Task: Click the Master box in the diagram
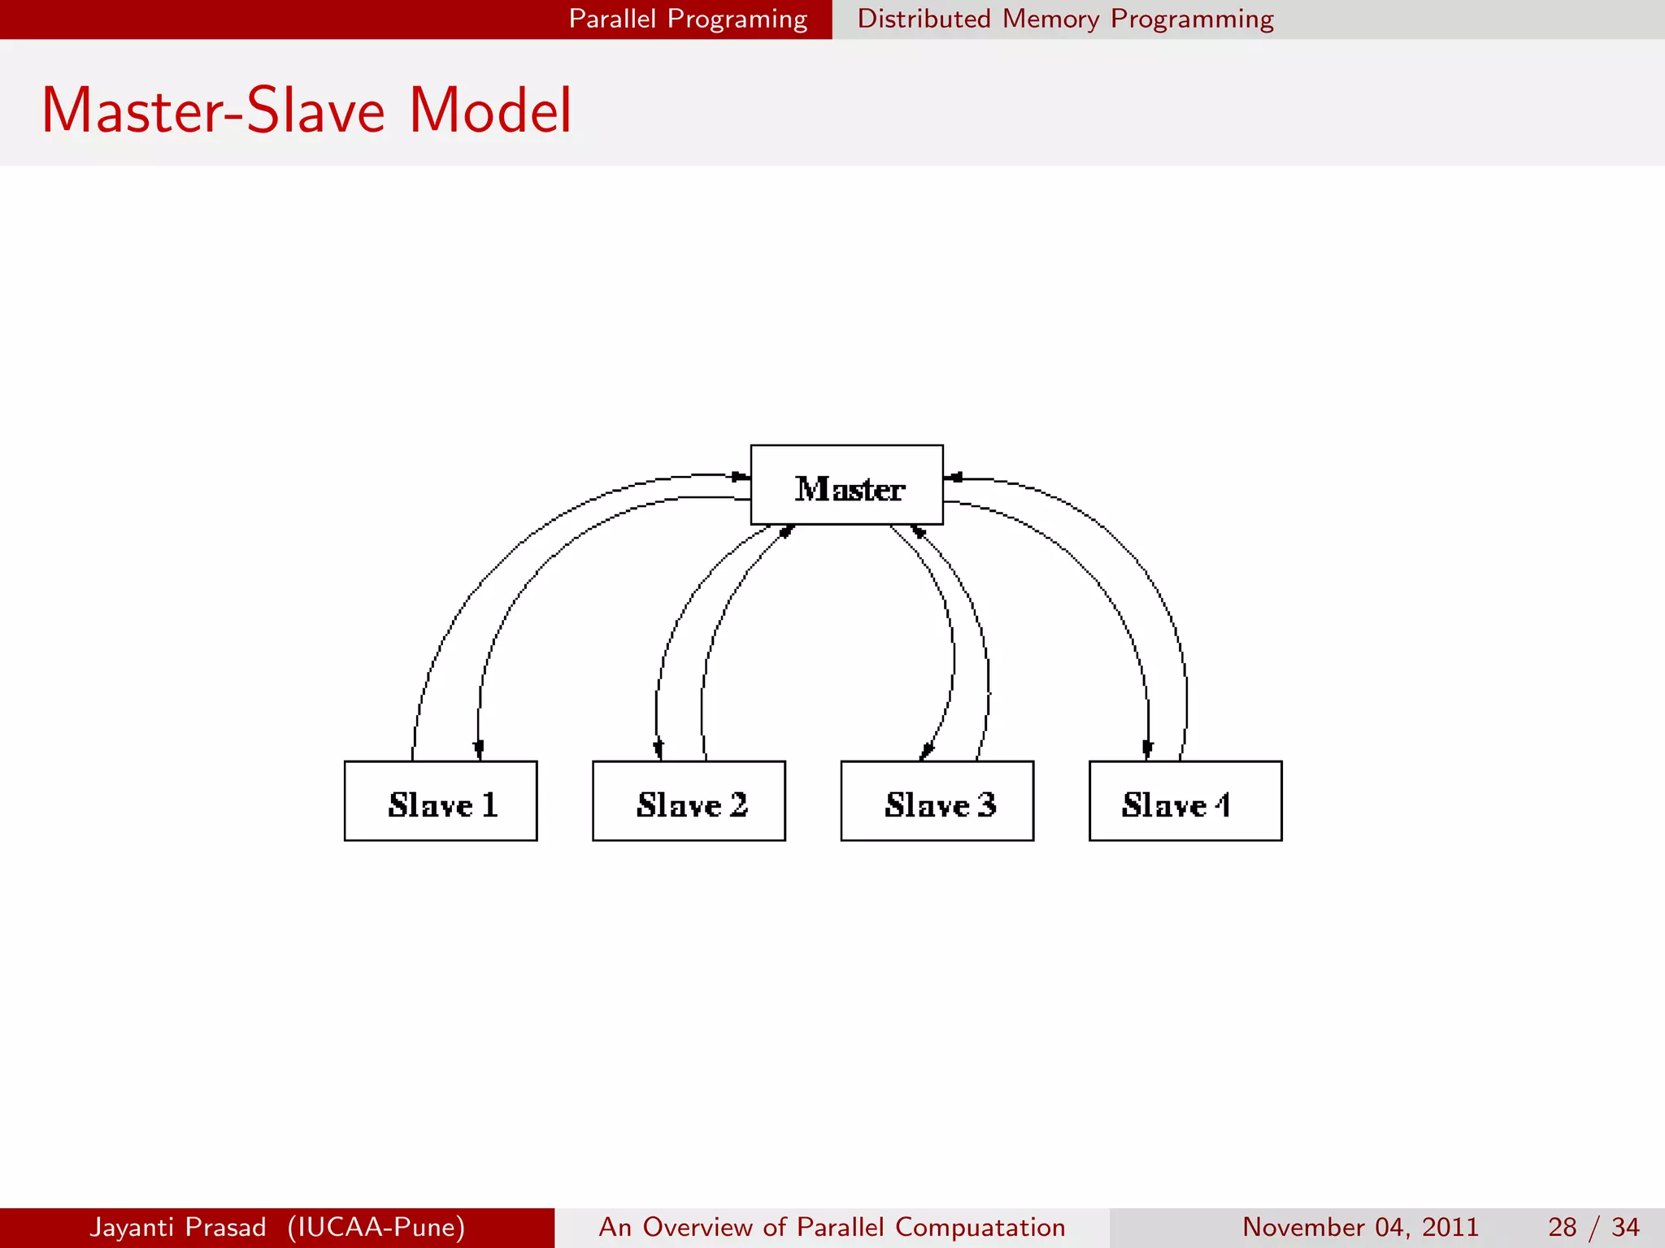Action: tap(846, 485)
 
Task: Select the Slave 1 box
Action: tap(441, 801)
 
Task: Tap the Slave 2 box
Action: tap(689, 801)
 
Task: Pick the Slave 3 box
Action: tap(937, 801)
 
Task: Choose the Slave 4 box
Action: tap(1185, 801)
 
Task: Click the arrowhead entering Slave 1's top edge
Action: tap(479, 749)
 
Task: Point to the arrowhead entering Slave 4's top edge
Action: tap(1147, 749)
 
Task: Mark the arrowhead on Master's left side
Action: tap(740, 476)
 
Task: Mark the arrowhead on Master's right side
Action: tap(954, 478)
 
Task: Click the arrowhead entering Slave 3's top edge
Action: tap(926, 752)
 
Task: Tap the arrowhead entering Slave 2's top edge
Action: tap(659, 749)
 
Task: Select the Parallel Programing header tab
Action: tap(688, 19)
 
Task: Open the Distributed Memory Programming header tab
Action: tap(1065, 19)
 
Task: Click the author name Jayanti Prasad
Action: tap(178, 1227)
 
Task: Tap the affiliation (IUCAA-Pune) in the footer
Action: tap(376, 1227)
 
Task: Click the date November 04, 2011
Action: tap(1360, 1227)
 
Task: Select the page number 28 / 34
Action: tap(1593, 1227)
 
